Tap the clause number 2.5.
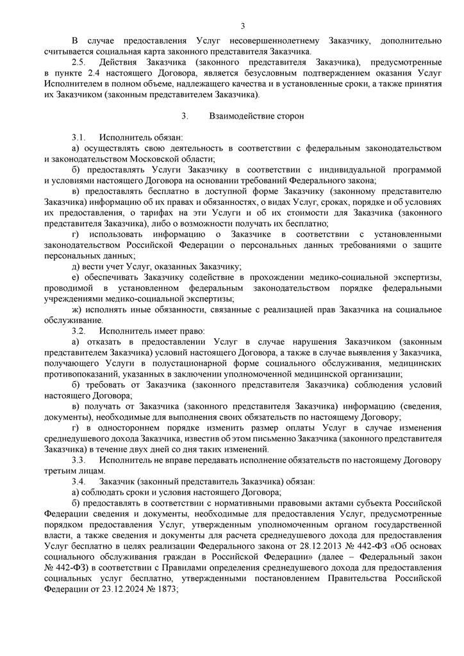(x=79, y=62)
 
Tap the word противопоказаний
(x=87, y=374)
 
